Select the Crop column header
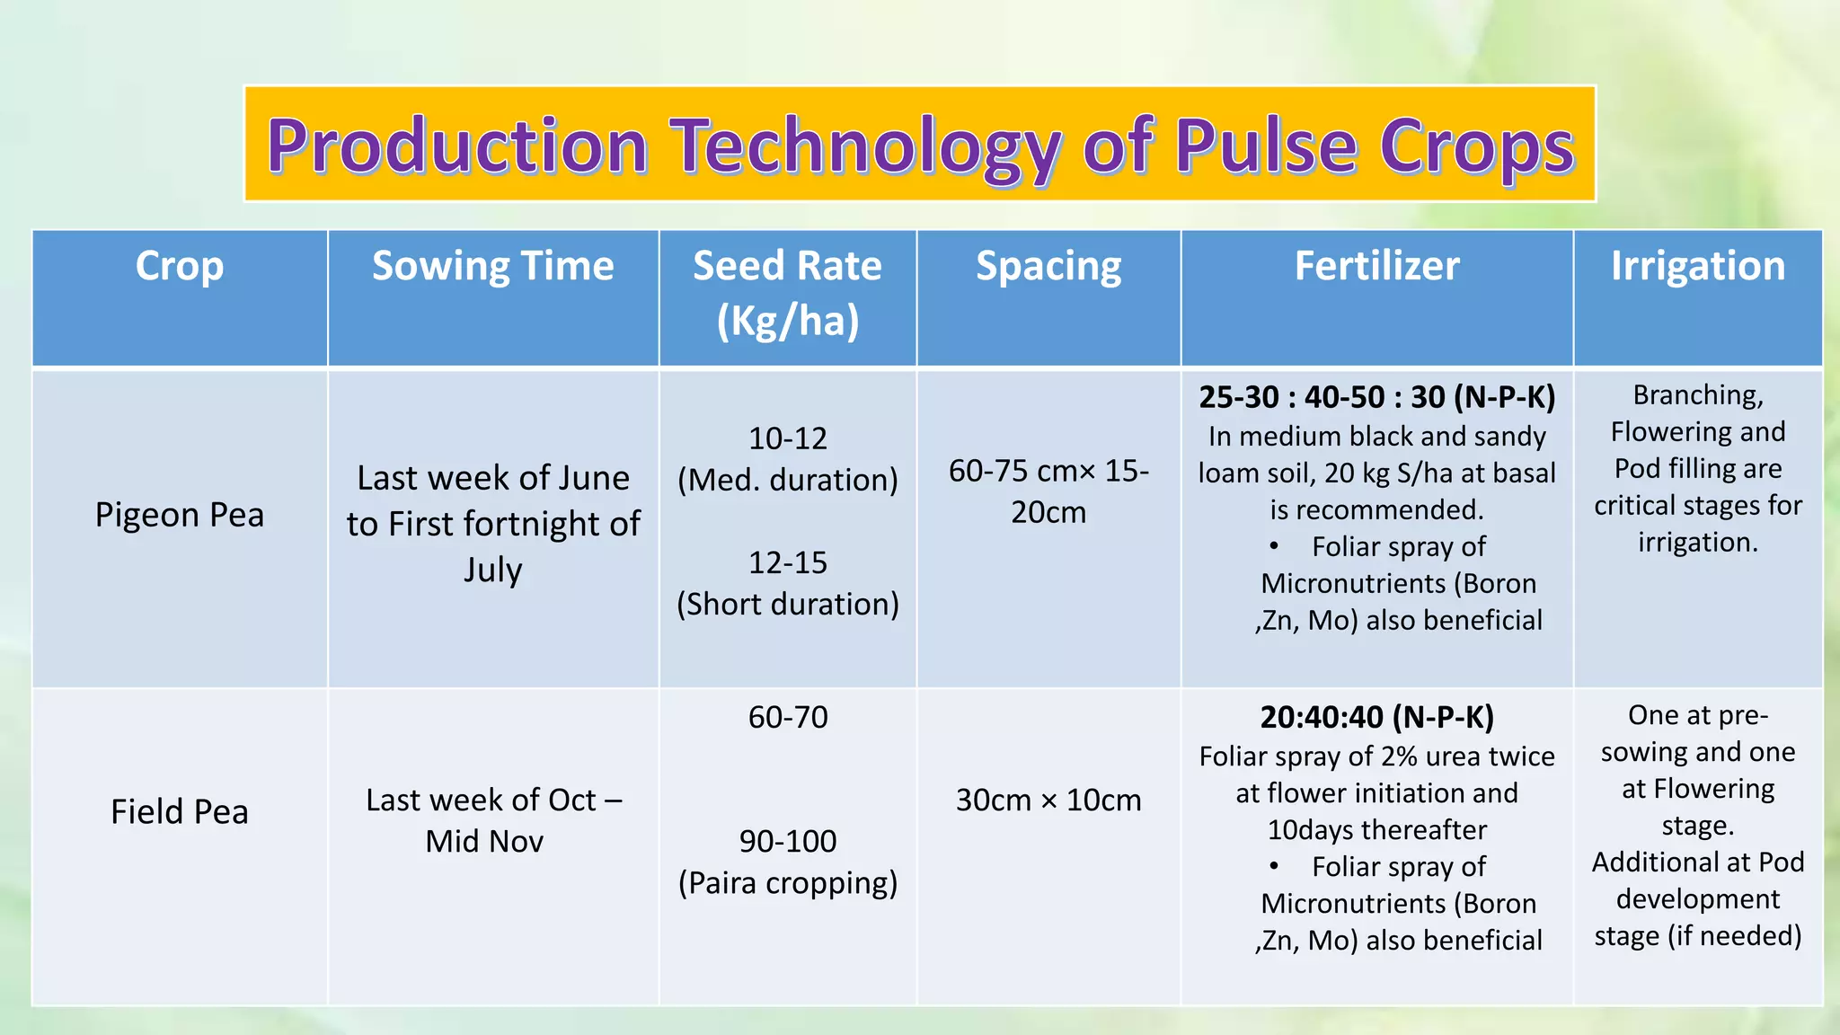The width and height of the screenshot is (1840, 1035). (x=179, y=266)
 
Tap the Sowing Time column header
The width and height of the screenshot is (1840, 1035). (x=492, y=266)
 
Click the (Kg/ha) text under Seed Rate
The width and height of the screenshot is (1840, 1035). (x=787, y=321)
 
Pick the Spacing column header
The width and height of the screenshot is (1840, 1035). (x=1048, y=266)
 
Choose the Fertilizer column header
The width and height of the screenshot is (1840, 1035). (x=1376, y=266)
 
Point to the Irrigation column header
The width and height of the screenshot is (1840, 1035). (x=1697, y=266)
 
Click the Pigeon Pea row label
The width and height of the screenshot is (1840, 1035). (x=179, y=515)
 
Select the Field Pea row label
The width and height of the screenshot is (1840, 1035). (x=179, y=811)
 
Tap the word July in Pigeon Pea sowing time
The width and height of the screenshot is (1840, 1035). (x=492, y=570)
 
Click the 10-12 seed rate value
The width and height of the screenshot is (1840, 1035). (x=787, y=438)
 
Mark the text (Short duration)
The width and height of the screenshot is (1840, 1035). (x=787, y=604)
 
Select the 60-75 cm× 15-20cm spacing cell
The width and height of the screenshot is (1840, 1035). (x=1048, y=491)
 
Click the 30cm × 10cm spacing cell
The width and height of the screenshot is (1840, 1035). (x=1048, y=800)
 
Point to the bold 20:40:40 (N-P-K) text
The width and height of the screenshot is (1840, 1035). (x=1376, y=717)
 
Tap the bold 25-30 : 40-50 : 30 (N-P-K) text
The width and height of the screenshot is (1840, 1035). (x=1376, y=397)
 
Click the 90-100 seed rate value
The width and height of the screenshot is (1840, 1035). (x=787, y=841)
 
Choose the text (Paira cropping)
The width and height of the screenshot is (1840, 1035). (x=787, y=882)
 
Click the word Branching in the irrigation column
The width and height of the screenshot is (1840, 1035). (x=1697, y=395)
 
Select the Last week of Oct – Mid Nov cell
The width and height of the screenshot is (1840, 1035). (x=492, y=819)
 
